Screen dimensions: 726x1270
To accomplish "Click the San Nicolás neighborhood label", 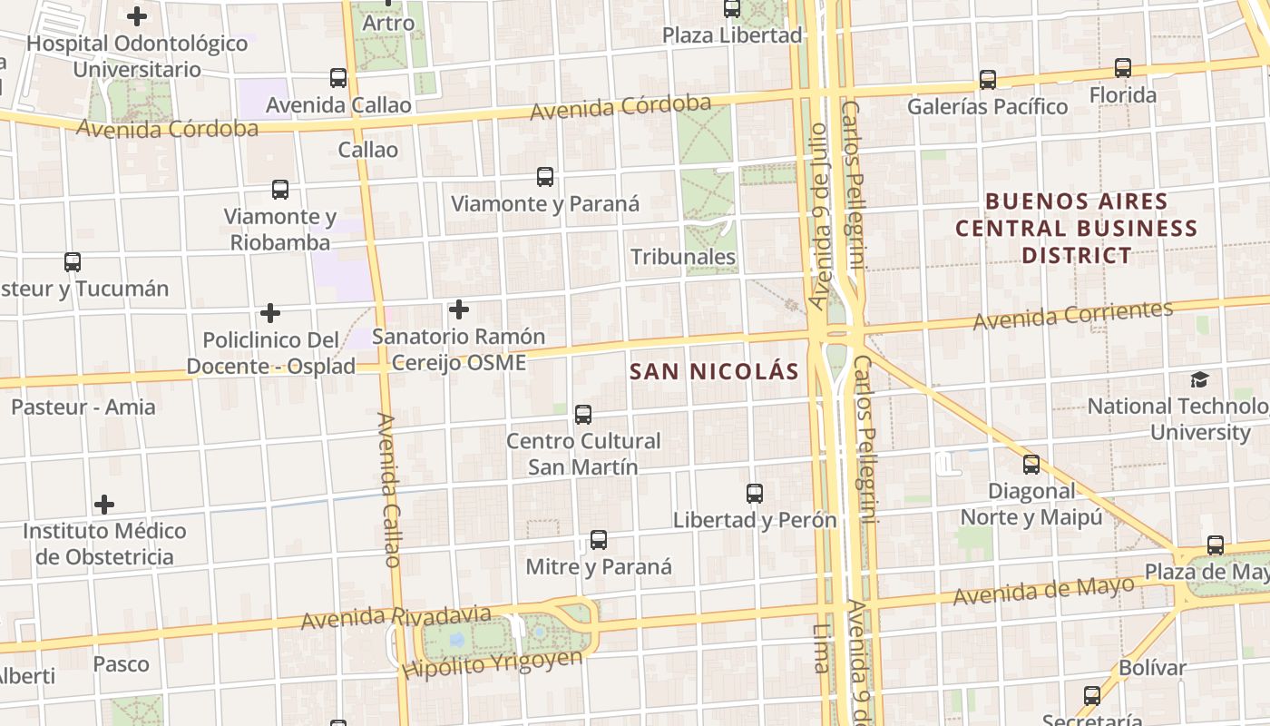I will click(714, 371).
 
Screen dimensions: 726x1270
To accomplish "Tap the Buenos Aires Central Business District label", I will click(1077, 228).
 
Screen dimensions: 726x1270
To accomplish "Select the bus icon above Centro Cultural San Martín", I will click(583, 415).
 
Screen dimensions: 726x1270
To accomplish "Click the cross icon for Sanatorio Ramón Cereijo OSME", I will click(459, 310).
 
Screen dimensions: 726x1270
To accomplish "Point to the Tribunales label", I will click(683, 257).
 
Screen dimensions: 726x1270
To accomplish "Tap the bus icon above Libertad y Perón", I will click(755, 494).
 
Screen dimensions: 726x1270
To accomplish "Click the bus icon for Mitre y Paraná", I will click(599, 540).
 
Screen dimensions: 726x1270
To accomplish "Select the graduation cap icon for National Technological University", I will click(1199, 379).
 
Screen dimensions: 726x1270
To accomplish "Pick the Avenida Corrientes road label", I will click(1073, 315).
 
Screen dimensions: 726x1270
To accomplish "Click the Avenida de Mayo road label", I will click(1043, 592).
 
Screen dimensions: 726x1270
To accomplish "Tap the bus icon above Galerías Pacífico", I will click(988, 80).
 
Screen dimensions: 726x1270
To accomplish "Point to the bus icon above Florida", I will click(1123, 68).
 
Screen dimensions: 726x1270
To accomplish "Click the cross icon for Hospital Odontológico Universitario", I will click(137, 16).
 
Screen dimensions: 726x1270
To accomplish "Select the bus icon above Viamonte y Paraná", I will click(545, 177).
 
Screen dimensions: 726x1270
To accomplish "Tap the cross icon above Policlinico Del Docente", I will click(270, 314).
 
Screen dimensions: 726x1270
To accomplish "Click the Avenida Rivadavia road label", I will click(396, 617).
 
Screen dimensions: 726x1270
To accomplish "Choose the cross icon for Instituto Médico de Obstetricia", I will click(105, 505).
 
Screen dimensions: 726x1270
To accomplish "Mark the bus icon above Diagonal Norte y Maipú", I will click(1031, 465).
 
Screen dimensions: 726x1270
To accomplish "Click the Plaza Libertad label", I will click(732, 35).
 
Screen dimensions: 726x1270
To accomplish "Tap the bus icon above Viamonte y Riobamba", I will click(280, 190).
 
